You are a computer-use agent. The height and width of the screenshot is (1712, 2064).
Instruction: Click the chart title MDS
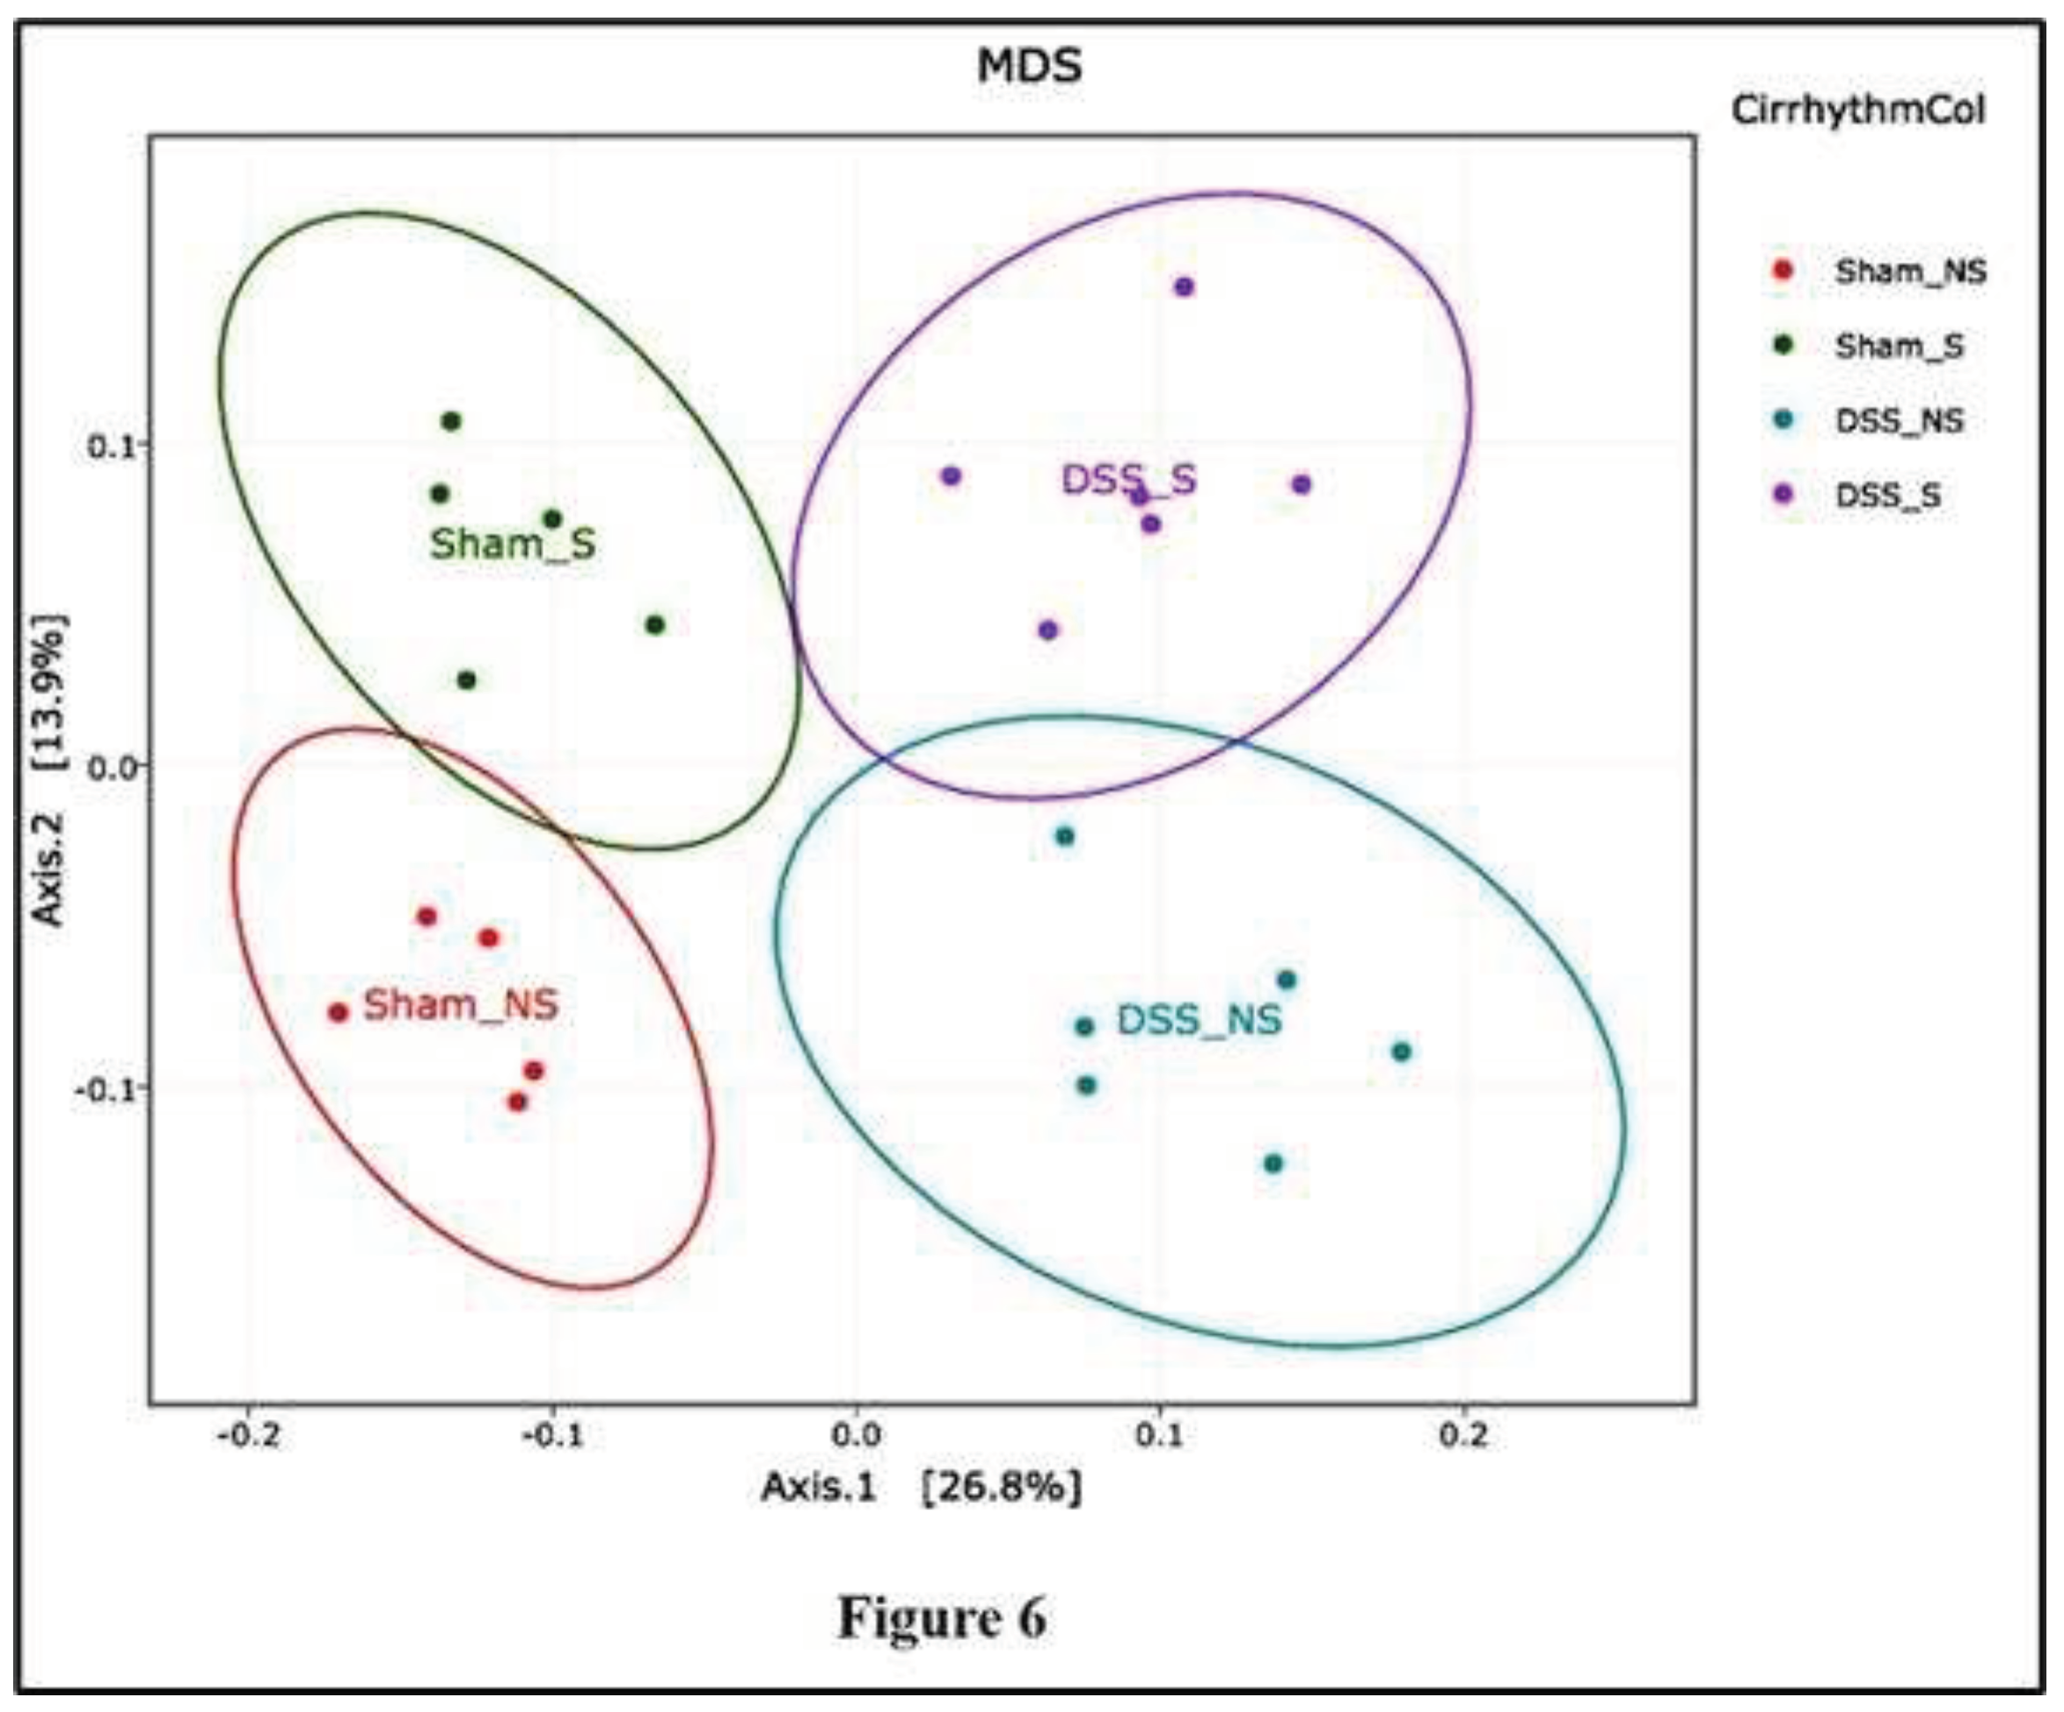[1029, 67]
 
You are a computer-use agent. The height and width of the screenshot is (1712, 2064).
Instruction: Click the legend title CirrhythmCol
[1857, 110]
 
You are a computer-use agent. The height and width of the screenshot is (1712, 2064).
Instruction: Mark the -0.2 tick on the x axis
[250, 1436]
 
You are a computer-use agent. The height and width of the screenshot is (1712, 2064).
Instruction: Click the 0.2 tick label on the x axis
[1463, 1436]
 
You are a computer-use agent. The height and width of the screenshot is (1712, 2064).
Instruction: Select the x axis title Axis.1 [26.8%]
[921, 1487]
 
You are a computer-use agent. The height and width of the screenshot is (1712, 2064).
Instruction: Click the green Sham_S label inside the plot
[513, 543]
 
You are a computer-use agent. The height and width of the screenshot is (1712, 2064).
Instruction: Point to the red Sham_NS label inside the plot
[460, 1004]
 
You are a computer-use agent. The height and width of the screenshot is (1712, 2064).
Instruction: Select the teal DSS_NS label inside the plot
[1198, 1020]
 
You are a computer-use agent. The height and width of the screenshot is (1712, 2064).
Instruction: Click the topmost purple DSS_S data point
[1185, 287]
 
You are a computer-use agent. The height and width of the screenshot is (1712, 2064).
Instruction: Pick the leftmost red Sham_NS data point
[338, 1012]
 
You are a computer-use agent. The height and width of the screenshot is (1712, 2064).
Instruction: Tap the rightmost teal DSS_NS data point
[1402, 1052]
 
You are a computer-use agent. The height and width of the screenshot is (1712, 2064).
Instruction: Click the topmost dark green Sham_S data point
[451, 421]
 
